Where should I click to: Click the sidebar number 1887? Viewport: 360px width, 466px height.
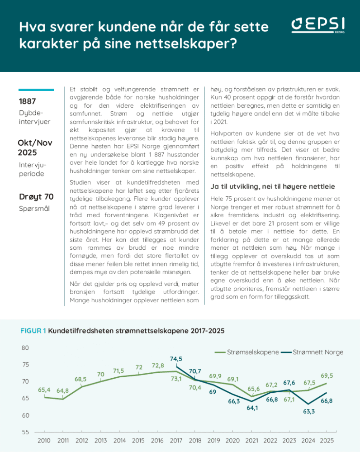(x=28, y=101)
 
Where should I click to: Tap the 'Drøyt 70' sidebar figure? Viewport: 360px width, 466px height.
(x=36, y=196)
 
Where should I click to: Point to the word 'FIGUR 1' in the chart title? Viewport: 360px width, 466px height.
(x=33, y=331)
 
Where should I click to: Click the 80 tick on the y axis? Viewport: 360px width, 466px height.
(x=25, y=348)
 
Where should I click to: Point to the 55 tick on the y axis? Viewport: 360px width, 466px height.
(x=25, y=432)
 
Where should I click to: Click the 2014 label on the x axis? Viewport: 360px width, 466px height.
(x=120, y=441)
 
